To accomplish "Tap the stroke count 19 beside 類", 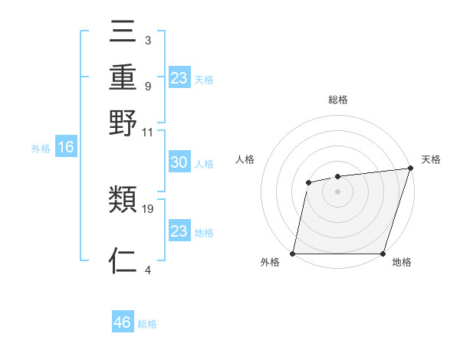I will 148,208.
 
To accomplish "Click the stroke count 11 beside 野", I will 148,131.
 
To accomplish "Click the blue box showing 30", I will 179,163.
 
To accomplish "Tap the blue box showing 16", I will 65,148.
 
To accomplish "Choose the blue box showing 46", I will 123,322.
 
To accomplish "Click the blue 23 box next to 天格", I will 179,78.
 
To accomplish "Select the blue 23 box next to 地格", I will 179,231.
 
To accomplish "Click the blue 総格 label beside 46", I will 148,324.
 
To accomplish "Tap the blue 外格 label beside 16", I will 40,149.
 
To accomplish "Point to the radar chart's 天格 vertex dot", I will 409,169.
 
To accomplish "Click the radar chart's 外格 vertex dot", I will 293,254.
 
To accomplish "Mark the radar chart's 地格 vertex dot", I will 383,254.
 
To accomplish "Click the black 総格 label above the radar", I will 338,100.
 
